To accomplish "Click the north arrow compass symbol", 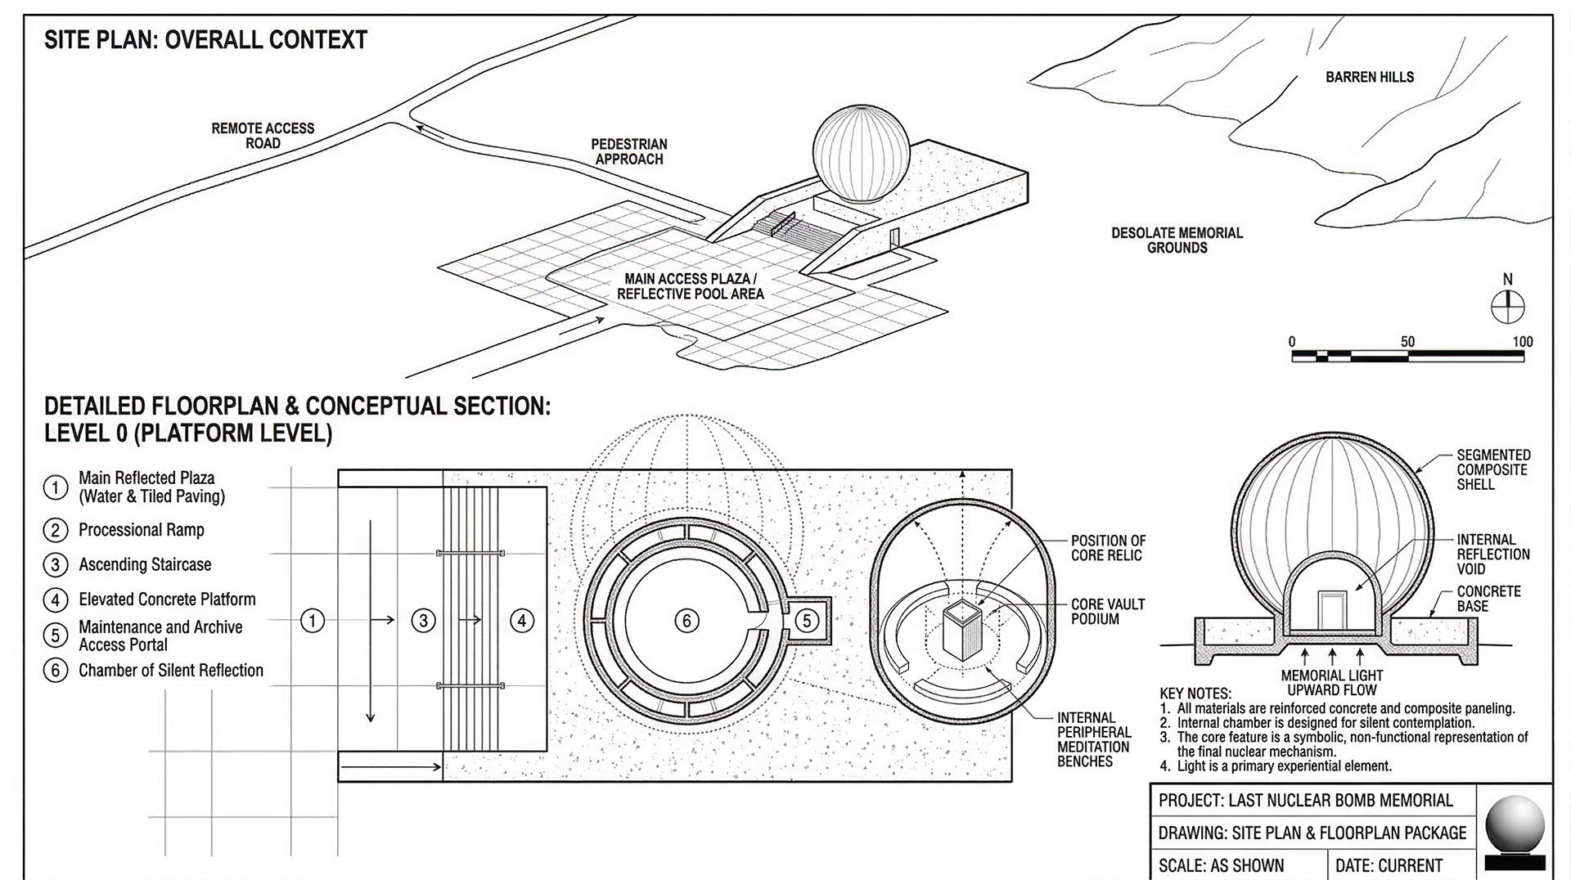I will [1507, 308].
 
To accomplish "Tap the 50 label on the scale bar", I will [1407, 342].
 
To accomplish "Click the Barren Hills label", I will [1370, 77].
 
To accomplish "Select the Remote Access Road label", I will [263, 136].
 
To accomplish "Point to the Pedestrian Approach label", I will [629, 151].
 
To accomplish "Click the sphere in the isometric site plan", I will [861, 153].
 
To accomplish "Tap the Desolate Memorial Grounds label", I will [1177, 240].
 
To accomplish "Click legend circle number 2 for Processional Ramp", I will [55, 530].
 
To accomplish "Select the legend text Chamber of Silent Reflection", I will [171, 671].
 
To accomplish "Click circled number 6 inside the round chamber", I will [686, 622].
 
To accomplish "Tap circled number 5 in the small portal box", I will [807, 621].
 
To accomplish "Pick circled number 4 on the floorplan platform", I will [522, 622].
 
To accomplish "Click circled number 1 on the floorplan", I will [313, 622].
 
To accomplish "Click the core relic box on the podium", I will [961, 628].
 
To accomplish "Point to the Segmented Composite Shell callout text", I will [1493, 469].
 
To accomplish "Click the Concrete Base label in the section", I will [1488, 599].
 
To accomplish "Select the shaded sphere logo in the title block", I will [1515, 826].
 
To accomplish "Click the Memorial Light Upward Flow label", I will [1331, 683].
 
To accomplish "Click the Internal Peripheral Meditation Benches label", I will [1094, 739].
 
